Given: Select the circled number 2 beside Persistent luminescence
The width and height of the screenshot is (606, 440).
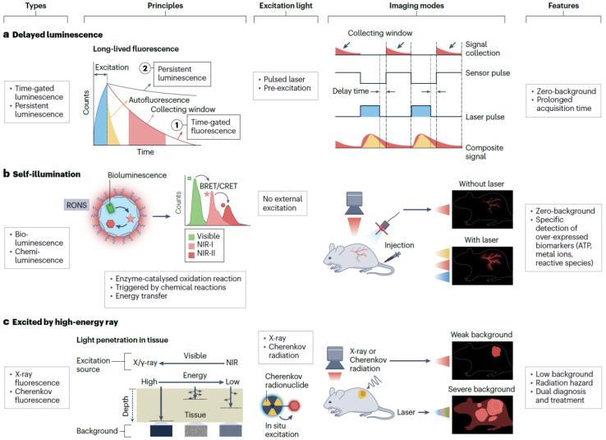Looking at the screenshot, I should click(145, 70).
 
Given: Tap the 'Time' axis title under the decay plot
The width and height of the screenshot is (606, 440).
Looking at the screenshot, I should click(145, 153).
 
